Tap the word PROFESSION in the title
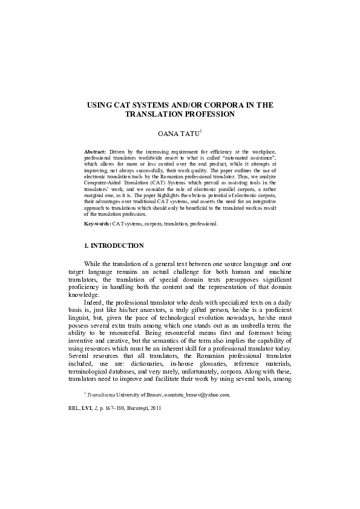[x=210, y=114]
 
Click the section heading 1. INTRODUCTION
[x=114, y=245]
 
